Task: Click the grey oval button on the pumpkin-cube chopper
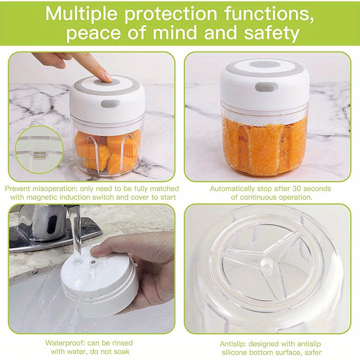110,103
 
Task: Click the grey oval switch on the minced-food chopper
261,87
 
